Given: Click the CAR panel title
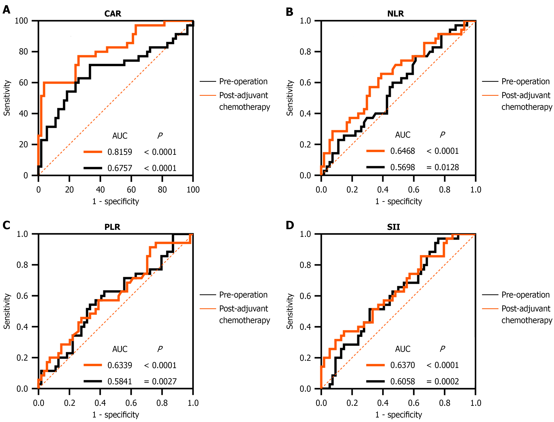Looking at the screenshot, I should click(x=113, y=14).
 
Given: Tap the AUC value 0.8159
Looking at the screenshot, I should click(x=120, y=152).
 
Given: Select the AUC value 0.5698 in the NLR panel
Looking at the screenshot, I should click(x=403, y=167).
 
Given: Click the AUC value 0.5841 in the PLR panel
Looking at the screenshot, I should click(x=120, y=382).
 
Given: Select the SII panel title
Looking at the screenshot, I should click(x=393, y=227).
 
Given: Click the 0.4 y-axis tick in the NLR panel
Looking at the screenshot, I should click(x=305, y=114).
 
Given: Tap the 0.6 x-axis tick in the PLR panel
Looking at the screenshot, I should click(x=131, y=403).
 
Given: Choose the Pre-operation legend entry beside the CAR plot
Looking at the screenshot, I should click(x=243, y=81).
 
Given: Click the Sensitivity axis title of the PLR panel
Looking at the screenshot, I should click(x=7, y=311).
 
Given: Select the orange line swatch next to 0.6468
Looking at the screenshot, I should click(x=375, y=151).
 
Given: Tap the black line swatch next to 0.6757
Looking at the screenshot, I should click(x=93, y=168).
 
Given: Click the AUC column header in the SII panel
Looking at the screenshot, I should click(x=403, y=349).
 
